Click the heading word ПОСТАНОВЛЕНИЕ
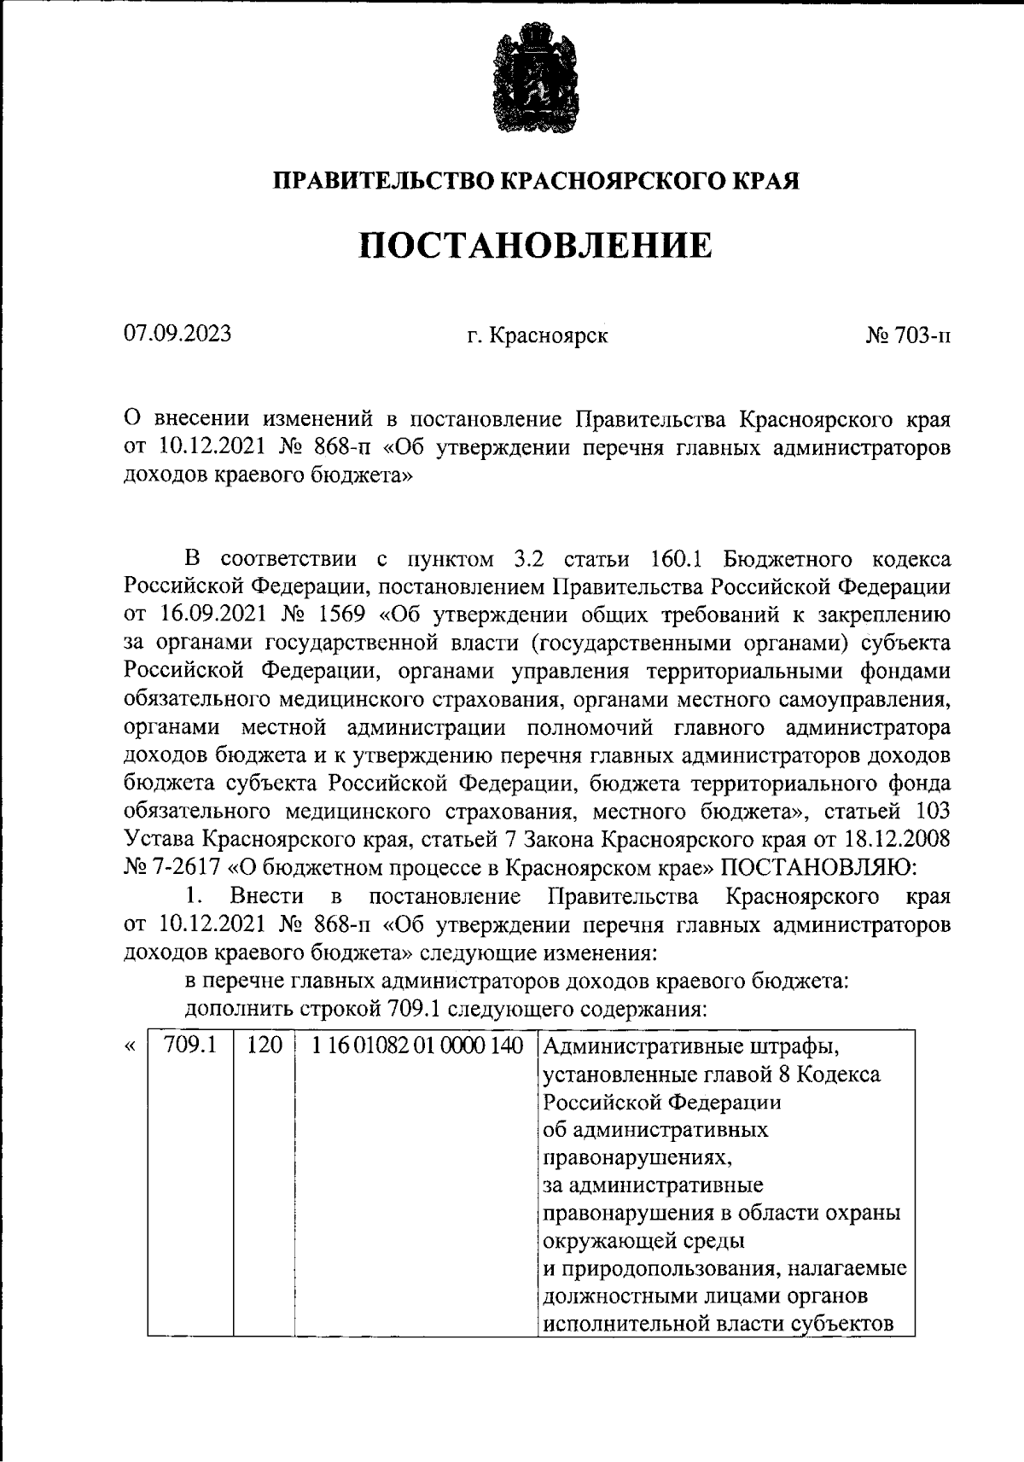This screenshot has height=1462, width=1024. tap(534, 245)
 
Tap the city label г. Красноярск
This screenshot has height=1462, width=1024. tap(537, 335)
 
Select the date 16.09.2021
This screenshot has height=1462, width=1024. tap(205, 614)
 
